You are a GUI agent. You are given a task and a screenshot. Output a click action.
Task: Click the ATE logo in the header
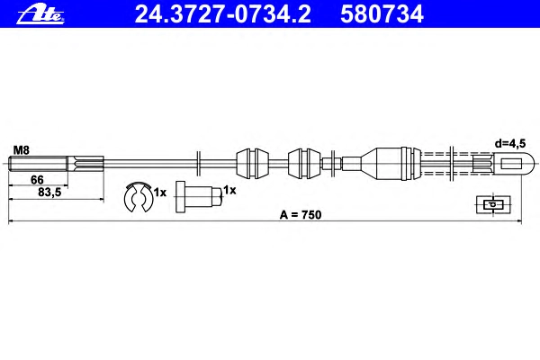point(40,14)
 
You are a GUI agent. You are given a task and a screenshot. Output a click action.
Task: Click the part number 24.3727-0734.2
point(223,14)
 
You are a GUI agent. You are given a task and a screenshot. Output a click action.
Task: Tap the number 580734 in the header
point(382,14)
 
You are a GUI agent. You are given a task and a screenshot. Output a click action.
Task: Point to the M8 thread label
point(22,150)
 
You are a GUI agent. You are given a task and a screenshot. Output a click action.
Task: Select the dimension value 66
point(37,179)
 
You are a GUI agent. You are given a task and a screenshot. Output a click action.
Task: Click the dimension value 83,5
point(49,193)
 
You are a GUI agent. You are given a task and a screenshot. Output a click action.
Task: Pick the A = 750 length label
point(301,214)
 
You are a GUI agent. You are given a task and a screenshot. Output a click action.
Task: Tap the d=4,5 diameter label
point(510,143)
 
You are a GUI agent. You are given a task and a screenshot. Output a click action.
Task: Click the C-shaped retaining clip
point(128,198)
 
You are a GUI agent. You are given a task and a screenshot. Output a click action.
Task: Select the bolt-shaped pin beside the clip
point(200,197)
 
